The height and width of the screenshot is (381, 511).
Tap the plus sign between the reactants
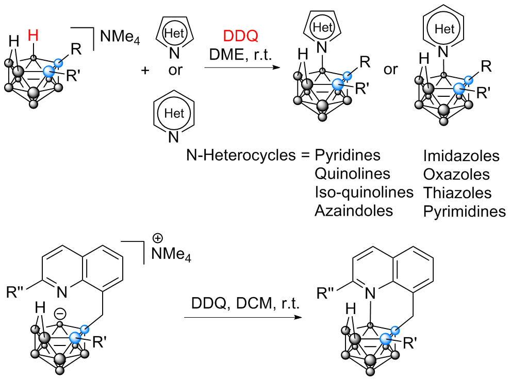(x=145, y=70)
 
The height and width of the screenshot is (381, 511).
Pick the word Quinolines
(x=353, y=174)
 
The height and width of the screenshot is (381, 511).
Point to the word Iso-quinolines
(x=364, y=192)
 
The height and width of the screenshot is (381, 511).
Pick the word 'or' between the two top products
(x=391, y=69)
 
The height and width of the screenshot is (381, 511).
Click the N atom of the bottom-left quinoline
(x=62, y=292)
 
